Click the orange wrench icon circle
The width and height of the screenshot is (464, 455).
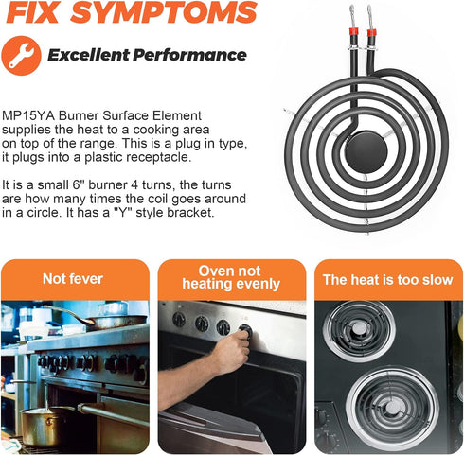[x=21, y=56]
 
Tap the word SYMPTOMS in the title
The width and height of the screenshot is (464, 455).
[x=164, y=12]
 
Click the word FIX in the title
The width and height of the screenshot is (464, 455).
[x=33, y=12]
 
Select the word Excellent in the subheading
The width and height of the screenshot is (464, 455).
[x=88, y=55]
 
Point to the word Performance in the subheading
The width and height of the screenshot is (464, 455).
[x=189, y=55]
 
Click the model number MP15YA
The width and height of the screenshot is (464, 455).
[x=28, y=115]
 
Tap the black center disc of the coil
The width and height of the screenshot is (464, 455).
[x=366, y=151]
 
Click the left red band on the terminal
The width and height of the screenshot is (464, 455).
[x=353, y=31]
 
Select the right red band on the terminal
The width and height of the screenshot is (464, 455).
[x=372, y=33]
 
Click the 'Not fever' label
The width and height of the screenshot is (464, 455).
[x=73, y=279]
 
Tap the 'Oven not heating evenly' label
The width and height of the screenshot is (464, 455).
[x=231, y=277]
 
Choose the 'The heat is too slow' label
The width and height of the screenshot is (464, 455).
[x=388, y=280]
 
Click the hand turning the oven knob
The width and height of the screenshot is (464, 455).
[x=232, y=349]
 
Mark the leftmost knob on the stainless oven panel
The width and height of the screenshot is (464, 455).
[x=179, y=319]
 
